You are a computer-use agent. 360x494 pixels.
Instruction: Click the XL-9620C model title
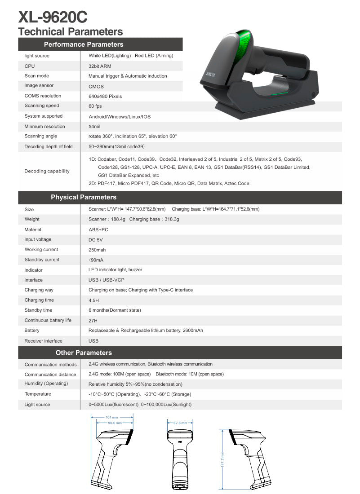(x=53, y=17)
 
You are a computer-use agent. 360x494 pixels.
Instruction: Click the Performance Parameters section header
(x=84, y=44)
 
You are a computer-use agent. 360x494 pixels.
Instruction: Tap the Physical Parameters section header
(x=84, y=197)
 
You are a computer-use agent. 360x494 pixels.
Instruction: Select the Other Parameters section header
(x=84, y=353)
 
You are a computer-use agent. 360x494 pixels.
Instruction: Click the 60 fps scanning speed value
(x=95, y=106)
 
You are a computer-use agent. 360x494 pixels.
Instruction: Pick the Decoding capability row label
(x=47, y=171)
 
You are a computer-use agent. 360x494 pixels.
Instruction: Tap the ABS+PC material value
(x=98, y=229)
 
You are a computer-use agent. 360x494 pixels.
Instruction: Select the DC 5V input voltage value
(x=96, y=240)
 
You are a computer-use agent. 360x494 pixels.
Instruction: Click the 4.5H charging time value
(x=93, y=300)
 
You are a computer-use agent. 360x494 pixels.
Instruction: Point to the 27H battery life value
(x=93, y=321)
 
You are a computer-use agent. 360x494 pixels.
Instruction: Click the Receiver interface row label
(x=43, y=341)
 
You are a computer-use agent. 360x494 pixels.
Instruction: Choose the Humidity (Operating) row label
(x=46, y=384)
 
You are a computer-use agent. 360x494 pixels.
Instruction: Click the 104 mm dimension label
(x=112, y=417)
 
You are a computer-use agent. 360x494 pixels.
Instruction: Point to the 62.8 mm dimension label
(x=180, y=423)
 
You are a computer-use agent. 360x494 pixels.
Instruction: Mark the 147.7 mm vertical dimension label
(x=223, y=459)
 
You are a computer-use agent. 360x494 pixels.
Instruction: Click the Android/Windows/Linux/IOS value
(x=120, y=116)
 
